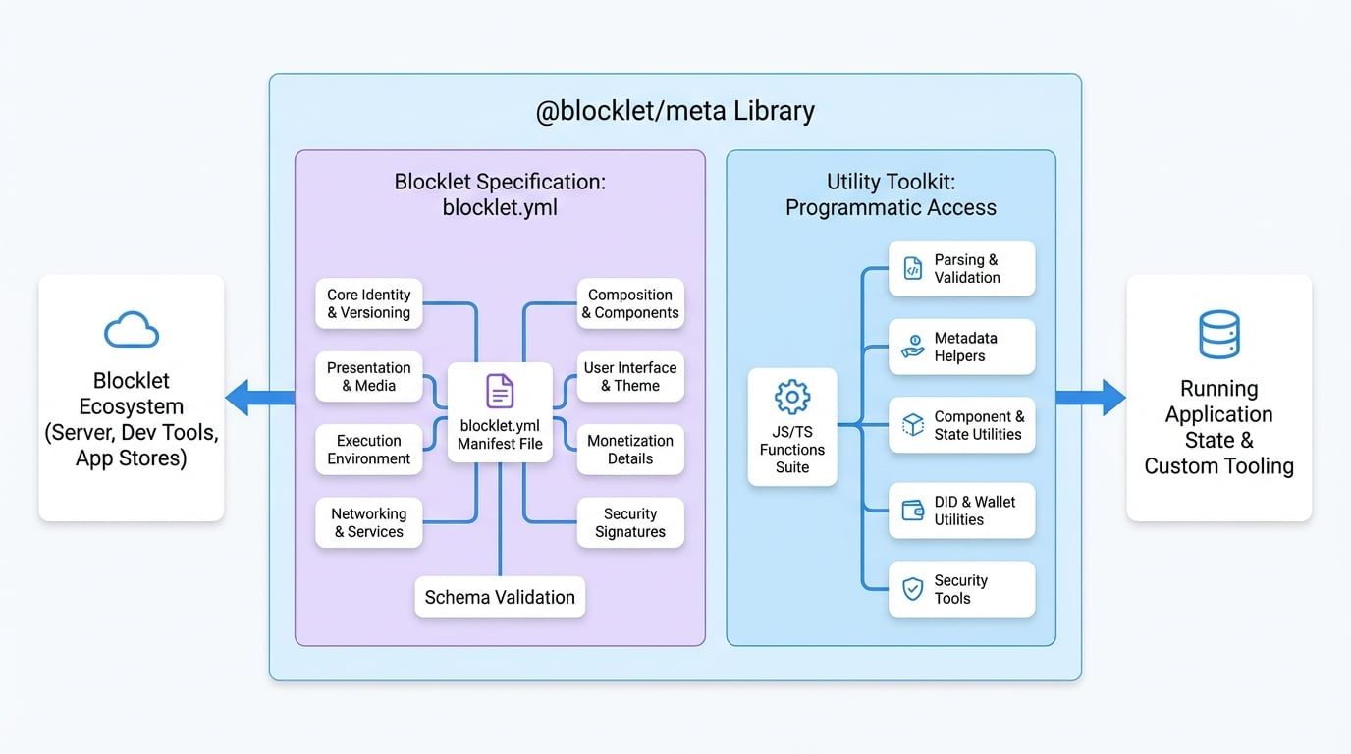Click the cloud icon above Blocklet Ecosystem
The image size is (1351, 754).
(x=132, y=330)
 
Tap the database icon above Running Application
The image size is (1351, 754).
(x=1219, y=334)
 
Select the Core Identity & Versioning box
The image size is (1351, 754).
(x=369, y=303)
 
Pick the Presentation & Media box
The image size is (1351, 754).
(x=369, y=377)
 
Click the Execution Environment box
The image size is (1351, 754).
(x=369, y=450)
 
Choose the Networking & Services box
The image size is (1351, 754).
(x=369, y=522)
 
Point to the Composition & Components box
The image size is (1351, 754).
(x=630, y=303)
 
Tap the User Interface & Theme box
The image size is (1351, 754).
(x=630, y=377)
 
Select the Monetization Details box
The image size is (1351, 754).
(x=630, y=450)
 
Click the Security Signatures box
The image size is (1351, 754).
(x=630, y=522)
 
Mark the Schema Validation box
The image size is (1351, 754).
(x=500, y=597)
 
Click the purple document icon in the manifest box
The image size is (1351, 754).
(x=500, y=391)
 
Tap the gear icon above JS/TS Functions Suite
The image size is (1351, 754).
(x=792, y=397)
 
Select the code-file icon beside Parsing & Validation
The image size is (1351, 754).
(x=912, y=269)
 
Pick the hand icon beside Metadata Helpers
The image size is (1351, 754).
(x=912, y=347)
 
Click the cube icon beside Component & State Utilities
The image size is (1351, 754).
(x=913, y=425)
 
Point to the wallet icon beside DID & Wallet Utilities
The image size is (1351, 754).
(x=913, y=511)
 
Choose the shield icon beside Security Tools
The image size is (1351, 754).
(x=913, y=589)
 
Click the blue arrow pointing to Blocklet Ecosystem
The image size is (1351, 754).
(x=258, y=398)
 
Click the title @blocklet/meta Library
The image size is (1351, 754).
(x=675, y=111)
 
